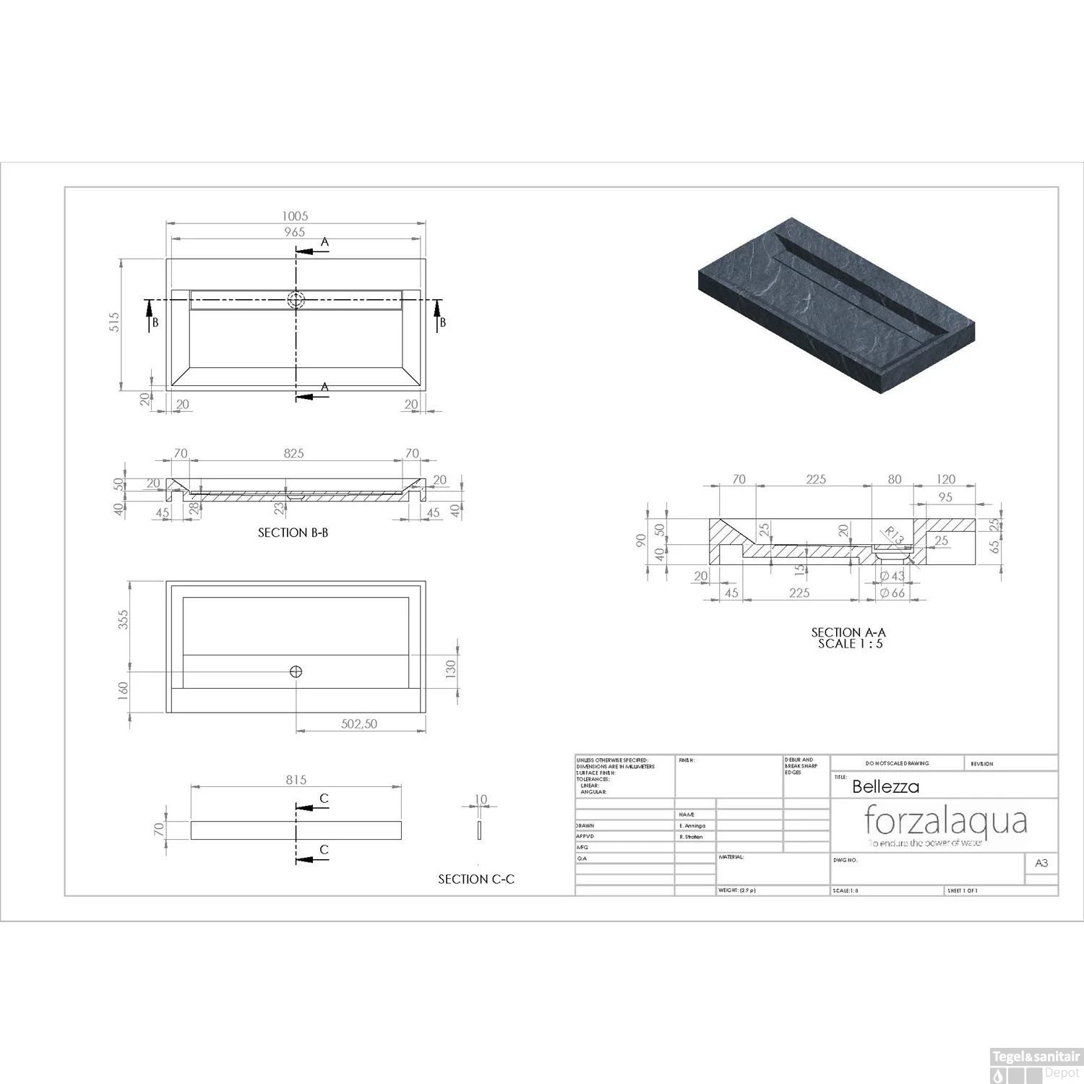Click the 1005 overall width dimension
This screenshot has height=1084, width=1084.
click(x=296, y=215)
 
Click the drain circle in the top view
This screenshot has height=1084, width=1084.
click(x=296, y=299)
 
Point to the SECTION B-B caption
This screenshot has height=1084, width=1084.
click(x=293, y=533)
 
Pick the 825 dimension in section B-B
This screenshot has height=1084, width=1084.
click(x=293, y=453)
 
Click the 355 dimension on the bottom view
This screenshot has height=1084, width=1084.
click(x=124, y=619)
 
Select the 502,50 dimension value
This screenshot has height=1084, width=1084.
click(x=359, y=723)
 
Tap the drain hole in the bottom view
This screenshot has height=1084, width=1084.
click(x=296, y=671)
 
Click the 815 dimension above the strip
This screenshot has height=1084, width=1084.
click(x=296, y=779)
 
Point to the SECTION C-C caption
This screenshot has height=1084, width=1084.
click(x=476, y=879)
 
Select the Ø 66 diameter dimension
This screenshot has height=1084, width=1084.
click(x=892, y=593)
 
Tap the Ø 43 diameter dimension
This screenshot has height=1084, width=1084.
click(x=892, y=576)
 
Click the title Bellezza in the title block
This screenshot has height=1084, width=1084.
click(x=885, y=786)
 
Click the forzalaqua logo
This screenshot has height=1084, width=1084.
click(x=945, y=822)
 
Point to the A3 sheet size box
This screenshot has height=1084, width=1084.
click(x=1041, y=863)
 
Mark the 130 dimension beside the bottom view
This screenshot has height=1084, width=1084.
click(x=451, y=669)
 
